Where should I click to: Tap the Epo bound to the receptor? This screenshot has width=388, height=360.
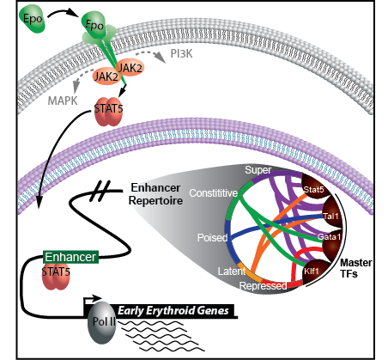[x=94, y=25]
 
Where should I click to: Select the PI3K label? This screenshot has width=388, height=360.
[x=181, y=53]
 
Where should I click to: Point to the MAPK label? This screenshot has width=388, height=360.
[x=63, y=101]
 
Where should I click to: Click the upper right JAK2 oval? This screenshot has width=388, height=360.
[x=130, y=68]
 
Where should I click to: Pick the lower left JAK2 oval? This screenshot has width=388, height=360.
[x=106, y=76]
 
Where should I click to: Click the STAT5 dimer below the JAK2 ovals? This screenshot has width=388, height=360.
[x=108, y=111]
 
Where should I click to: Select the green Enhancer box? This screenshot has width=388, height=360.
[x=70, y=257]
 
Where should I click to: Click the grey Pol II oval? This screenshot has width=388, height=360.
[x=103, y=322]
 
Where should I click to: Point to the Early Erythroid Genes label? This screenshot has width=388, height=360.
[x=173, y=310]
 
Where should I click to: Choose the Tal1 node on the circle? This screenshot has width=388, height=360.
[x=332, y=215]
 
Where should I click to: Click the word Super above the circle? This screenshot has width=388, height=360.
[x=258, y=170]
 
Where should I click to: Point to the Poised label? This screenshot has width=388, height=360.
[x=212, y=237]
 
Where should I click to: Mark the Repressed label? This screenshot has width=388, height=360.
[x=263, y=285]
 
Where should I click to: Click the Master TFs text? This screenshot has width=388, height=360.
[x=355, y=268]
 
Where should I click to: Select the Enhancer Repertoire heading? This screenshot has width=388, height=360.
[x=155, y=194]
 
